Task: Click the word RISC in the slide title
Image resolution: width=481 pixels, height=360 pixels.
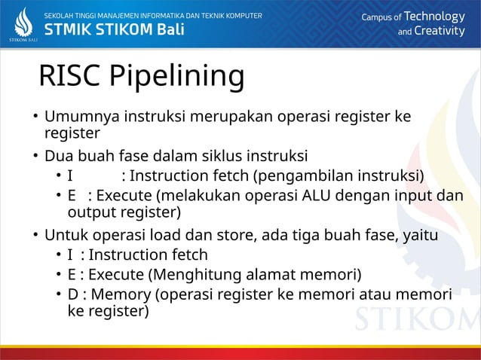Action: [x=69, y=76]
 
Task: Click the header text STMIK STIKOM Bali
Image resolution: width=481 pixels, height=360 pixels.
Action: [x=114, y=30]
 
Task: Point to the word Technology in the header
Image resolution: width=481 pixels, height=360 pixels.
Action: [x=435, y=17]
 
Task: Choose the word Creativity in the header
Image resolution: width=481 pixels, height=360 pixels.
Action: [x=440, y=31]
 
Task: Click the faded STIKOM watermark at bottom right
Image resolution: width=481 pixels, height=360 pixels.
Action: [x=412, y=319]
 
